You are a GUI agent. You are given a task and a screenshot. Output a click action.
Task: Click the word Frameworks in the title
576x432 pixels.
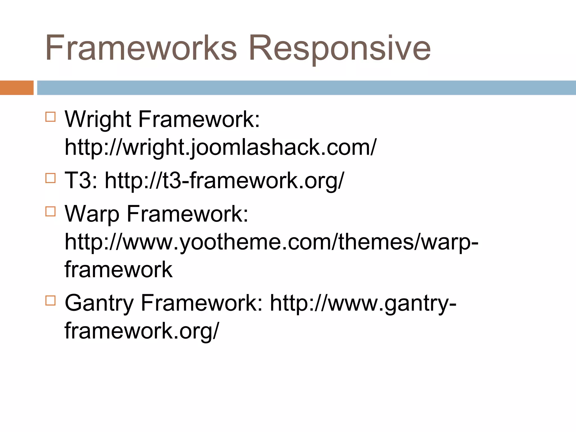pyautogui.click(x=141, y=48)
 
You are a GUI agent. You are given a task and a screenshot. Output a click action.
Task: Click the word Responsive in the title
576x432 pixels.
pyautogui.click(x=339, y=48)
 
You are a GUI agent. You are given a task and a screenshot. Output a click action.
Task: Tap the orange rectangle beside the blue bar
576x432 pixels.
pyautogui.click(x=17, y=88)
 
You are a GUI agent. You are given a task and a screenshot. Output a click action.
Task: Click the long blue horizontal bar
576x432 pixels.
pyautogui.click(x=306, y=88)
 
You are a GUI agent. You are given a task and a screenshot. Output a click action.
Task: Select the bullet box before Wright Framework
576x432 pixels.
pyautogui.click(x=50, y=116)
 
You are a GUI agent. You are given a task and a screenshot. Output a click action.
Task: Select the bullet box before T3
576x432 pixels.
pyautogui.click(x=50, y=178)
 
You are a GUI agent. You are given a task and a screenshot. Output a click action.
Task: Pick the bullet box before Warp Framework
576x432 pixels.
pyautogui.click(x=50, y=211)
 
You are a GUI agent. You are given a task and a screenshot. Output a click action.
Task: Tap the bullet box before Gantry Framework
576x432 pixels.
pyautogui.click(x=50, y=300)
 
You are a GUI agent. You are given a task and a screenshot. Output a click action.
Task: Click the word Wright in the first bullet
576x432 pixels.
pyautogui.click(x=98, y=119)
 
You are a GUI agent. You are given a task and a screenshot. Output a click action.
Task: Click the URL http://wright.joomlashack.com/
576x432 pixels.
pyautogui.click(x=220, y=147)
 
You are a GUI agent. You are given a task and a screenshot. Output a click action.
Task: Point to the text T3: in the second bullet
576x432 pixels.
pyautogui.click(x=81, y=180)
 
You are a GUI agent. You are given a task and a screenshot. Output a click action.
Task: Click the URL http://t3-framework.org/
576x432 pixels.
pyautogui.click(x=224, y=180)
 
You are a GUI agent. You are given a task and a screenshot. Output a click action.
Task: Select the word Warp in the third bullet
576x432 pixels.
pyautogui.click(x=92, y=214)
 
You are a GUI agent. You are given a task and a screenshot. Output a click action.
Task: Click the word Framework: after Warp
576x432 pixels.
pyautogui.click(x=188, y=214)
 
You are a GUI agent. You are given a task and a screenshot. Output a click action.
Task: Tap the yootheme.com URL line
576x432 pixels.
pyautogui.click(x=271, y=242)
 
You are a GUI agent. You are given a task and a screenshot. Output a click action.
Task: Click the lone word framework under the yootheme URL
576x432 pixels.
pyautogui.click(x=118, y=269)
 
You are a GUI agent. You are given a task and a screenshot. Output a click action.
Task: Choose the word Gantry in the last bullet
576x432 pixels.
pyautogui.click(x=99, y=303)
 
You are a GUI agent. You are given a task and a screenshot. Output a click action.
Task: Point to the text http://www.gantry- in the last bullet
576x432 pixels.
pyautogui.click(x=363, y=303)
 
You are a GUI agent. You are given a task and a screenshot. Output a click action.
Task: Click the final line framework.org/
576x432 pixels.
pyautogui.click(x=141, y=331)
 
